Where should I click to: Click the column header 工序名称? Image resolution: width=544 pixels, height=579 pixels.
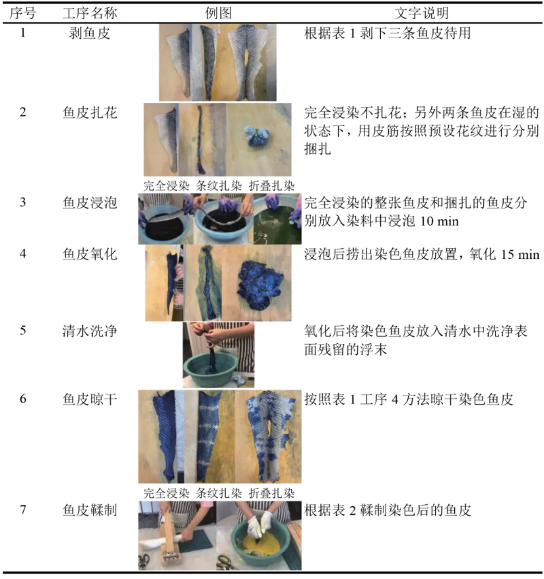pyautogui.click(x=90, y=14)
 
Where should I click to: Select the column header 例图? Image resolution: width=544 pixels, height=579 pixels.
pyautogui.click(x=218, y=14)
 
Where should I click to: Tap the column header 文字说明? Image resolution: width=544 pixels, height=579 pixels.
pyautogui.click(x=422, y=14)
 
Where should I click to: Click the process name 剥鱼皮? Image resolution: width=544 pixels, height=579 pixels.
pyautogui.click(x=90, y=33)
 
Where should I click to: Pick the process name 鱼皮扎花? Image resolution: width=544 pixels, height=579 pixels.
pyautogui.click(x=90, y=112)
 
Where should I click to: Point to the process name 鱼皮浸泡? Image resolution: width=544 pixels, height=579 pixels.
pyautogui.click(x=90, y=202)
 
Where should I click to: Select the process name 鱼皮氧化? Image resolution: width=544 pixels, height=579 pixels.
pyautogui.click(x=90, y=254)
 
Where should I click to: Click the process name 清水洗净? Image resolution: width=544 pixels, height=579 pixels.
pyautogui.click(x=90, y=331)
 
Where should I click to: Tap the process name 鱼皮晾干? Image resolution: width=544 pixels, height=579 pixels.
pyautogui.click(x=90, y=399)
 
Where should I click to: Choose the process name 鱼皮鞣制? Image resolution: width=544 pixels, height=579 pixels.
pyautogui.click(x=90, y=510)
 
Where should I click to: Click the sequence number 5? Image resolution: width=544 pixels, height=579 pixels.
pyautogui.click(x=23, y=330)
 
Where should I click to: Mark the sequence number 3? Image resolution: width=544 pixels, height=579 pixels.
pyautogui.click(x=23, y=202)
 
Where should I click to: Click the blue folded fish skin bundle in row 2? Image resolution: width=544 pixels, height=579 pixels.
pyautogui.click(x=256, y=136)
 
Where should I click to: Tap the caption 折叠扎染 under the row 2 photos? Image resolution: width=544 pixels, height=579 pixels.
pyautogui.click(x=271, y=186)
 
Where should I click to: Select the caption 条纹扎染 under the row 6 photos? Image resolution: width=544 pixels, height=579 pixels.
pyautogui.click(x=218, y=493)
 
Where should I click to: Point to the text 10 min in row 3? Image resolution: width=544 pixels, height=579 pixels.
pyautogui.click(x=439, y=221)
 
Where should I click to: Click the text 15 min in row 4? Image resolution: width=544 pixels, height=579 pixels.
pyautogui.click(x=520, y=255)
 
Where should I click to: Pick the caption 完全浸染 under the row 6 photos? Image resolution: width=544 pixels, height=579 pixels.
pyautogui.click(x=166, y=493)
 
